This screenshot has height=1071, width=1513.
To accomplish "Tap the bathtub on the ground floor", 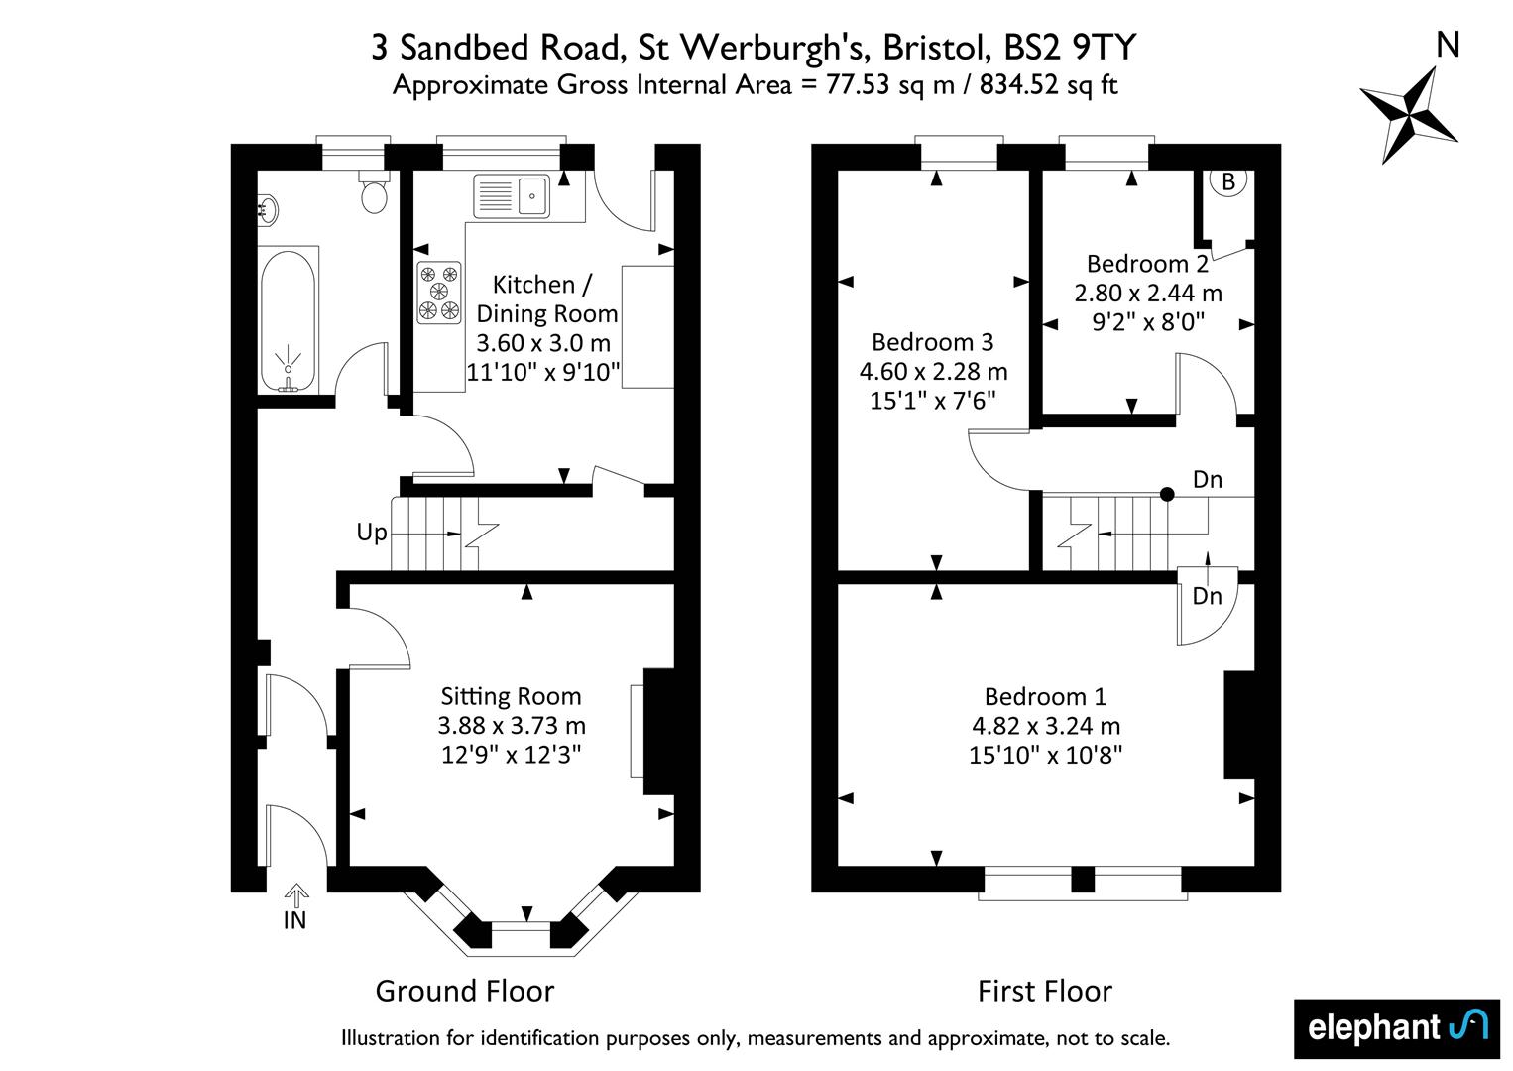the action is click(x=288, y=320).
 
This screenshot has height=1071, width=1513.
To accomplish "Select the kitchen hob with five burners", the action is click(x=439, y=292).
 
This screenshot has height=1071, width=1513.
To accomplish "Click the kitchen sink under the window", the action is click(x=512, y=196).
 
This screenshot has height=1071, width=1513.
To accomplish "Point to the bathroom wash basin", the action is click(x=268, y=209).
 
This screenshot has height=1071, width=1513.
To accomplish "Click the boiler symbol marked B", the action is click(x=1227, y=181).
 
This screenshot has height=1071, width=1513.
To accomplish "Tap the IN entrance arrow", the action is click(x=295, y=895).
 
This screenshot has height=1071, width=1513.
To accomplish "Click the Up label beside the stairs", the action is click(x=372, y=533).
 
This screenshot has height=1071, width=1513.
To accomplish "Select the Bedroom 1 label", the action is click(x=1045, y=696).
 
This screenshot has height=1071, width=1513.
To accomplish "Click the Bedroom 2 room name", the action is click(x=1147, y=263).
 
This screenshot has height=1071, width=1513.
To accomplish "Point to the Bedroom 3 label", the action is click(x=932, y=342).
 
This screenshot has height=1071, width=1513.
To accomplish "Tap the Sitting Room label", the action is click(x=511, y=696).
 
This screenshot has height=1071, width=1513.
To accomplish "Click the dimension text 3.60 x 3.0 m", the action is click(x=543, y=342).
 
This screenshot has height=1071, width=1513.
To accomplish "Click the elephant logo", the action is click(x=1397, y=1027).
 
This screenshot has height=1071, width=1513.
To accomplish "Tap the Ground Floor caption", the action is click(x=465, y=991).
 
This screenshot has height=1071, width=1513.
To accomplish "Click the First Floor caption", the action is click(x=1045, y=991).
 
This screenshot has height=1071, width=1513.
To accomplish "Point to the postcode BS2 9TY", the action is click(x=1071, y=48).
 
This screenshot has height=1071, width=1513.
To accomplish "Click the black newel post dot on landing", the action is click(x=1167, y=495).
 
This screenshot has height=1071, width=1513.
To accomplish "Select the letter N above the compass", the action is click(x=1448, y=46).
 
